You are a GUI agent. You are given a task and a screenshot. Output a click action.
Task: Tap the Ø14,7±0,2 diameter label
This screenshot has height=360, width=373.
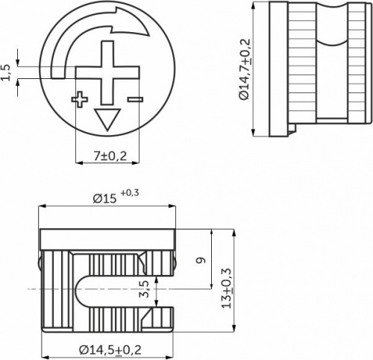pos(244,70)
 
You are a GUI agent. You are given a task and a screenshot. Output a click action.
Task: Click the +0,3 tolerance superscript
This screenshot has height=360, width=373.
pos(129,193)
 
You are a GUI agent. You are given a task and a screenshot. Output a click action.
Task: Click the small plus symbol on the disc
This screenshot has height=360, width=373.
pos(79,98)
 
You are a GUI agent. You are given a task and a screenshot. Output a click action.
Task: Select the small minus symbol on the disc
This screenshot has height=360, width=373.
pos(134,98)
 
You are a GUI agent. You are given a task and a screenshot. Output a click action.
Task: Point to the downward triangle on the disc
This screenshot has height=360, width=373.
pos(107,118)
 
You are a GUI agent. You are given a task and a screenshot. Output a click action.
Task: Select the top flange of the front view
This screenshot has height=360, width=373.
pos(108,239)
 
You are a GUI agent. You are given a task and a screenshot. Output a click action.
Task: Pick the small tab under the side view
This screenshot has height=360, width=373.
pos(293,131)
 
